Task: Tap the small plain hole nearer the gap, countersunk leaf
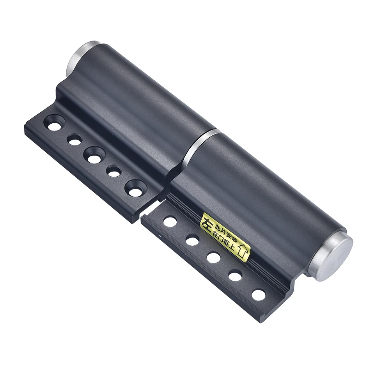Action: point(113,171)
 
